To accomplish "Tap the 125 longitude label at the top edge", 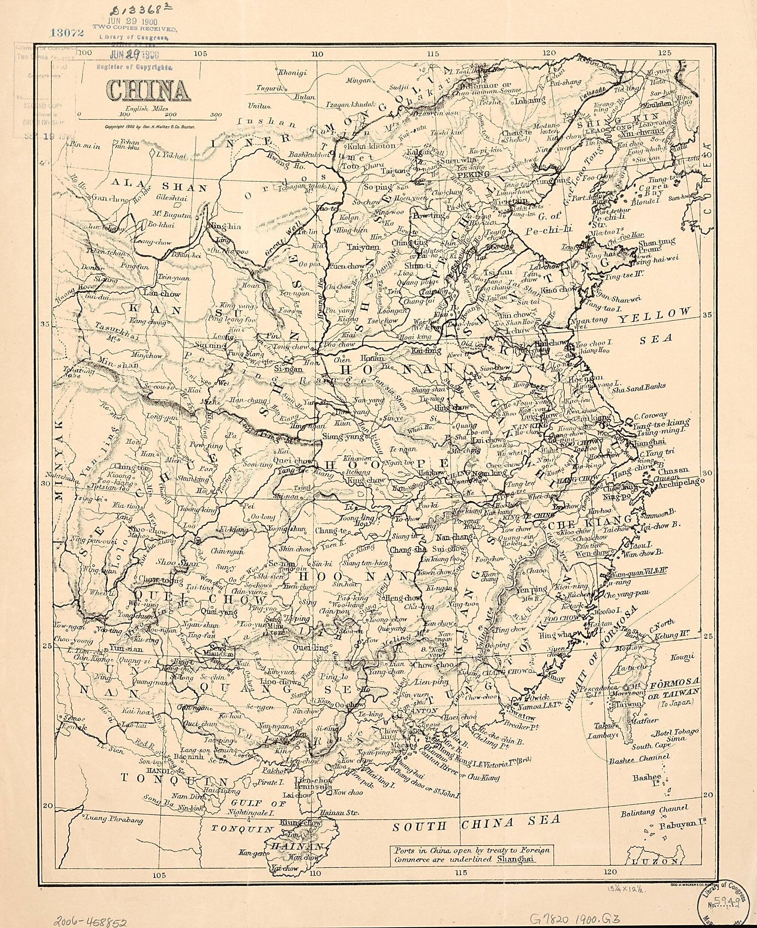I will point(664,53).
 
